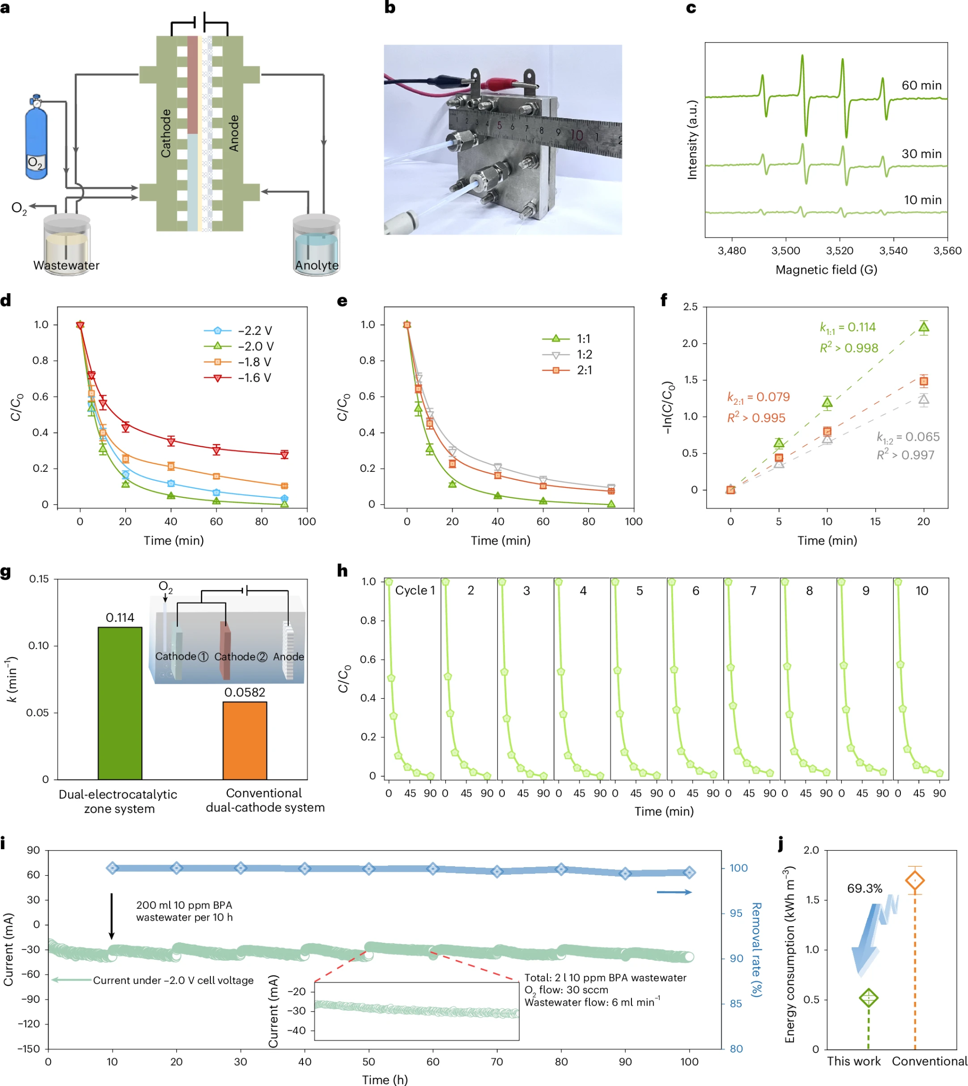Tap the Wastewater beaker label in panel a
tap(66, 265)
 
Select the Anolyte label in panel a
tap(317, 265)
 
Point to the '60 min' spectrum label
tap(921, 85)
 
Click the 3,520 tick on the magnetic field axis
tap(839, 250)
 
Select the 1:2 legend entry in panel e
tap(584, 355)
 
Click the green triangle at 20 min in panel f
tap(924, 327)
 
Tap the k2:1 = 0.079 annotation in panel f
tap(759, 397)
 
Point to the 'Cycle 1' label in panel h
tap(415, 590)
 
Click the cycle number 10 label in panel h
tap(922, 591)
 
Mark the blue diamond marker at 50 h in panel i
tap(369, 869)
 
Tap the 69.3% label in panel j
tap(864, 888)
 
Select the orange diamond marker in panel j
tap(915, 881)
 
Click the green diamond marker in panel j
tap(869, 998)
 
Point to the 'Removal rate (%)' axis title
tap(756, 950)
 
